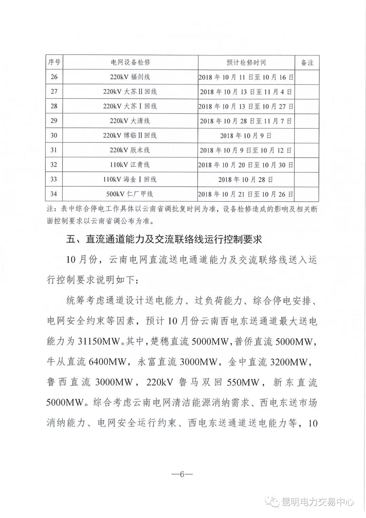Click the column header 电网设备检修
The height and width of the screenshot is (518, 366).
coord(130,63)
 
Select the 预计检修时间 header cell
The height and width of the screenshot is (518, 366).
coord(246,63)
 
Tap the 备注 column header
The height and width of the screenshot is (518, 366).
coord(307,63)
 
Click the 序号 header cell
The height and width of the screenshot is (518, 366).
coord(54,63)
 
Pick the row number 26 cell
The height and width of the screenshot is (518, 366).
coord(54,77)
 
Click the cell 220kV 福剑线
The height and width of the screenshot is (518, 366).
coord(130,77)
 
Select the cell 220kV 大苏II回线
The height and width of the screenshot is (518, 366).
coord(130,91)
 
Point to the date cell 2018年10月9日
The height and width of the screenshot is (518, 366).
coord(246,136)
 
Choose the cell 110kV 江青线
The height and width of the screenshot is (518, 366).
coord(130,165)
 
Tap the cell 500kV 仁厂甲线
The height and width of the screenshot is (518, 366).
coord(130,194)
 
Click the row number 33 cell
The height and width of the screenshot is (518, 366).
coord(54,180)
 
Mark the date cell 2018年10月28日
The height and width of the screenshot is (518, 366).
coord(246,180)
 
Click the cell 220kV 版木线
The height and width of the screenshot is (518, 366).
coord(130,150)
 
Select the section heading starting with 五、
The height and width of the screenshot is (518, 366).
coord(164,240)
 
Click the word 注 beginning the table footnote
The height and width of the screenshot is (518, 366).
coord(50,209)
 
